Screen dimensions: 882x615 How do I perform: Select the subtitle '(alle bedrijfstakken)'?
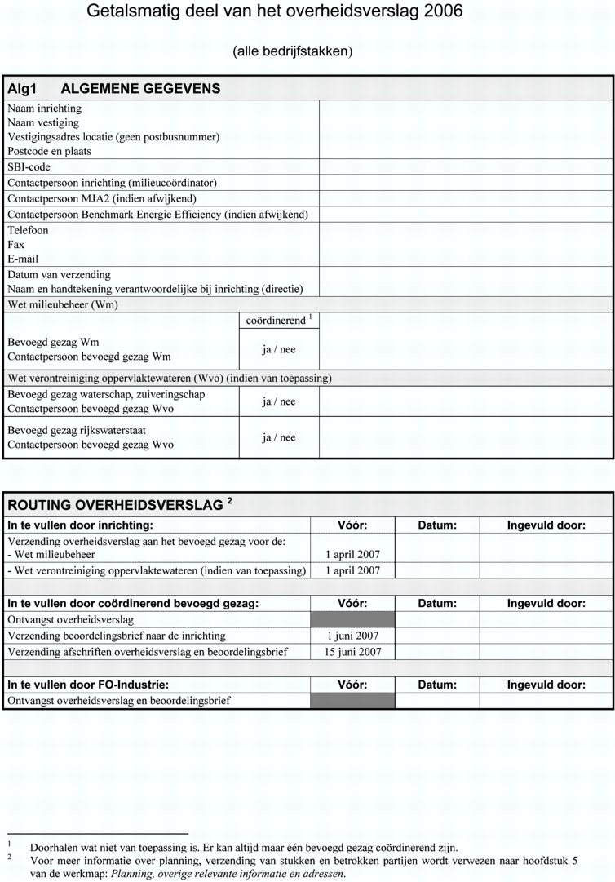click(x=293, y=51)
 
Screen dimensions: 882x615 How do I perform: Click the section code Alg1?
click(x=23, y=88)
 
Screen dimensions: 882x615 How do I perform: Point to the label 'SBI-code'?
click(x=29, y=166)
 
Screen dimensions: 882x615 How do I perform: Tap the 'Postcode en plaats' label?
click(x=50, y=151)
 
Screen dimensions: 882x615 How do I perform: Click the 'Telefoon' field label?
click(x=28, y=230)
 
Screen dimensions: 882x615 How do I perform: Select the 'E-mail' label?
click(x=23, y=259)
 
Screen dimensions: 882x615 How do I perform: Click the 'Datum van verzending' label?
click(x=59, y=274)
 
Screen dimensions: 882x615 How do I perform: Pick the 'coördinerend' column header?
click(x=277, y=321)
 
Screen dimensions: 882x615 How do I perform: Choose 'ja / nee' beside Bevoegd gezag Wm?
click(x=279, y=349)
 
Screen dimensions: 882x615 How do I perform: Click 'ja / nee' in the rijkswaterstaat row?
click(x=279, y=437)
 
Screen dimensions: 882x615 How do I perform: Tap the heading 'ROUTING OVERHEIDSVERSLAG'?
click(x=115, y=505)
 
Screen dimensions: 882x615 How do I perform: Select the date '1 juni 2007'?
click(x=353, y=636)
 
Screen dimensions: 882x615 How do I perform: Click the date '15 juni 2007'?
click(x=353, y=652)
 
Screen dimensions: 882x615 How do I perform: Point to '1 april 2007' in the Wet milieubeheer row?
click(x=353, y=555)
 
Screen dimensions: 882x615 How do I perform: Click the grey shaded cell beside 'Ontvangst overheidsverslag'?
click(x=353, y=619)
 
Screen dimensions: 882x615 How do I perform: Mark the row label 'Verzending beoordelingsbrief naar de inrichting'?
click(x=117, y=636)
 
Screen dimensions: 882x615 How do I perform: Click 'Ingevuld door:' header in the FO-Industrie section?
click(x=546, y=685)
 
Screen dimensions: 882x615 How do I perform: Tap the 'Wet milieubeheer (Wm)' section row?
click(x=63, y=304)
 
